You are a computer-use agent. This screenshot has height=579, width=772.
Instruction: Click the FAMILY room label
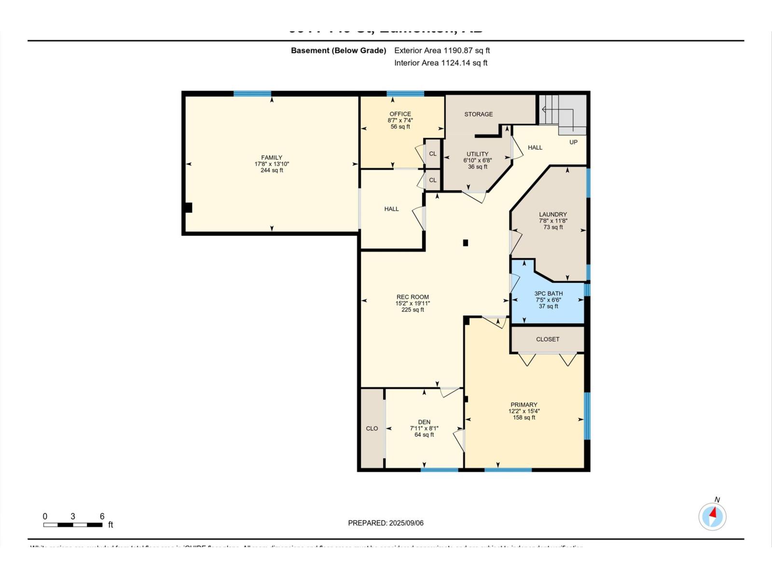[x=272, y=157]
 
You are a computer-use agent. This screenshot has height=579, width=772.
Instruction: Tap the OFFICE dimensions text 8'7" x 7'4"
[x=400, y=121]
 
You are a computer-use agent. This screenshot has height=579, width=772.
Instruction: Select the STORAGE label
[x=479, y=114]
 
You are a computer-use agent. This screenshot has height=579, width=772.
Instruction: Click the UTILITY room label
[x=477, y=154]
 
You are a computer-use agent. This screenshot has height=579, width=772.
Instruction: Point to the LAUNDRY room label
[x=553, y=214]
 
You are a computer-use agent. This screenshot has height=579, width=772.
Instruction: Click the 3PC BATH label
[x=548, y=293]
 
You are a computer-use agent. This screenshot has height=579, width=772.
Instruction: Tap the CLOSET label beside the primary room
[x=548, y=339]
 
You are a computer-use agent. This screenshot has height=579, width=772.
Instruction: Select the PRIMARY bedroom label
[x=524, y=405]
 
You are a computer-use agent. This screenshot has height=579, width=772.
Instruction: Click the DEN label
[x=424, y=422]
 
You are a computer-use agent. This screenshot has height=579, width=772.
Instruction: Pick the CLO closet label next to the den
[x=372, y=428]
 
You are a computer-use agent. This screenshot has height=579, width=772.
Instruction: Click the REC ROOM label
[x=413, y=297]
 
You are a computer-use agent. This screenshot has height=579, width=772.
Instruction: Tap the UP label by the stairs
[x=573, y=142]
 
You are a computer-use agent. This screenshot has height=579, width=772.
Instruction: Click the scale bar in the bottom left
[x=73, y=524]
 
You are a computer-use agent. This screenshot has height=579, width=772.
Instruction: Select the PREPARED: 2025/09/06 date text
[x=386, y=523]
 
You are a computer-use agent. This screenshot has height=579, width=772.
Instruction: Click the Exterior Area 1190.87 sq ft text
[x=442, y=50]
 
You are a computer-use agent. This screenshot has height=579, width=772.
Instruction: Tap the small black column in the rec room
[x=466, y=243]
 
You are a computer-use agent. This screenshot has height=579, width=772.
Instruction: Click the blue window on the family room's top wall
[x=252, y=94]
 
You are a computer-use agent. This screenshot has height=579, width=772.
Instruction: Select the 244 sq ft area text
[x=272, y=170]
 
